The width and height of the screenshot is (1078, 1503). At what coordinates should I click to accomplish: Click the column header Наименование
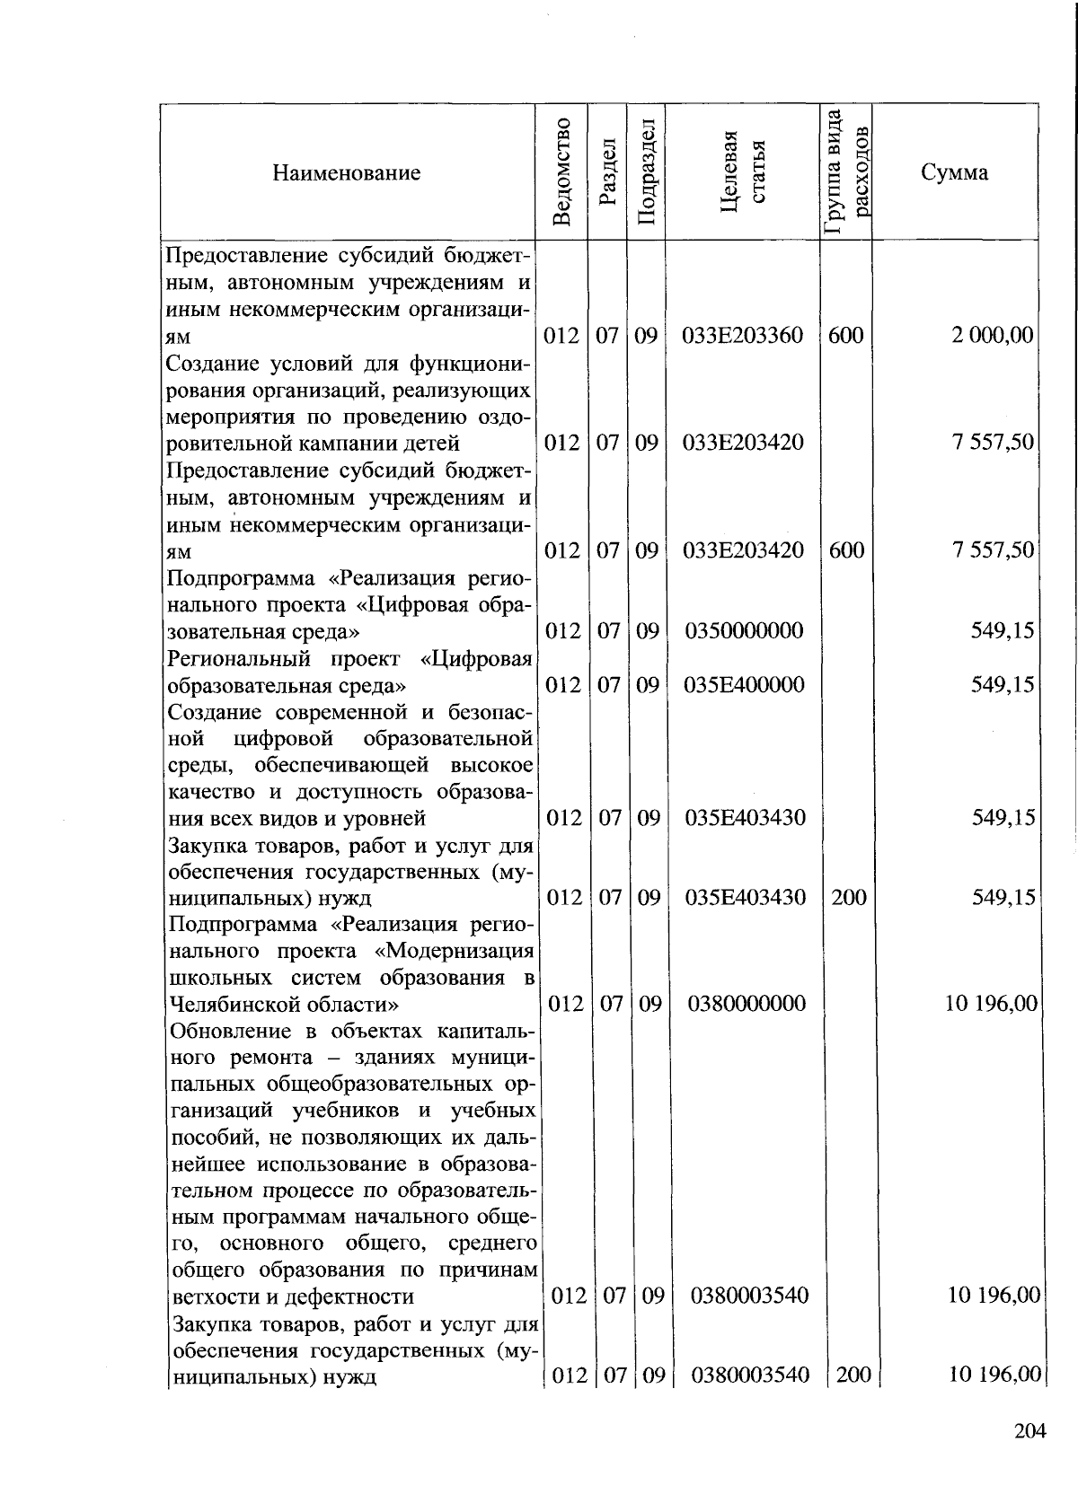(x=347, y=172)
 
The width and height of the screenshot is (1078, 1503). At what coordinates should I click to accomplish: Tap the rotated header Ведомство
(x=562, y=171)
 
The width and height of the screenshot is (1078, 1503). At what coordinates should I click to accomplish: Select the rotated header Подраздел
(x=646, y=172)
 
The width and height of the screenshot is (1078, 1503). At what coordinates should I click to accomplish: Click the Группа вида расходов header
(x=846, y=171)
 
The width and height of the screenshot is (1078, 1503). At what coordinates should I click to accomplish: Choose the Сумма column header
(x=954, y=172)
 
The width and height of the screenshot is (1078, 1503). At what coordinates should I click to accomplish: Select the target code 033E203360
(x=743, y=336)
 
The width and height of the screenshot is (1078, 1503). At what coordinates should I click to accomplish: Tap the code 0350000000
(x=744, y=630)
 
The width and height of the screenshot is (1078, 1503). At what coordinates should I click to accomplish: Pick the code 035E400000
(x=744, y=685)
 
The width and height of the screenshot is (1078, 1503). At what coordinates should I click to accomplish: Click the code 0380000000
(x=747, y=1003)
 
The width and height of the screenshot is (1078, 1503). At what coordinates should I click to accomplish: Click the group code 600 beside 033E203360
(x=845, y=336)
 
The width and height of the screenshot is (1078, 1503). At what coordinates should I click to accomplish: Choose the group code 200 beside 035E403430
(x=848, y=897)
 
